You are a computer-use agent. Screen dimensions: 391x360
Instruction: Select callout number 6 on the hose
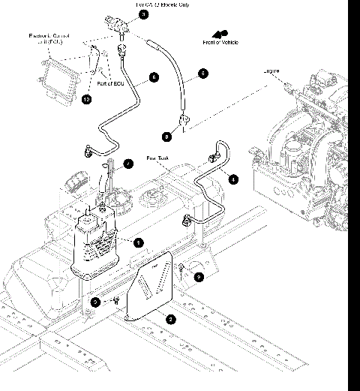[154, 77]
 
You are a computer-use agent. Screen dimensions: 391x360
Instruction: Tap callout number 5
[202, 74]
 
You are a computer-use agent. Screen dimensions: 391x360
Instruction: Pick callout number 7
[128, 163]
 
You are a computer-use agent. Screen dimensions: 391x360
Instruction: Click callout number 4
[233, 179]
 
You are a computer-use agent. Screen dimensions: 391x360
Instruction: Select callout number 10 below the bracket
[86, 99]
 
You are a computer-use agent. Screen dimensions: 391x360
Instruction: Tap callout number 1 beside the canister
[138, 242]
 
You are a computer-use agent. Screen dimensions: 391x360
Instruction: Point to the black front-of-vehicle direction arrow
[220, 33]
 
